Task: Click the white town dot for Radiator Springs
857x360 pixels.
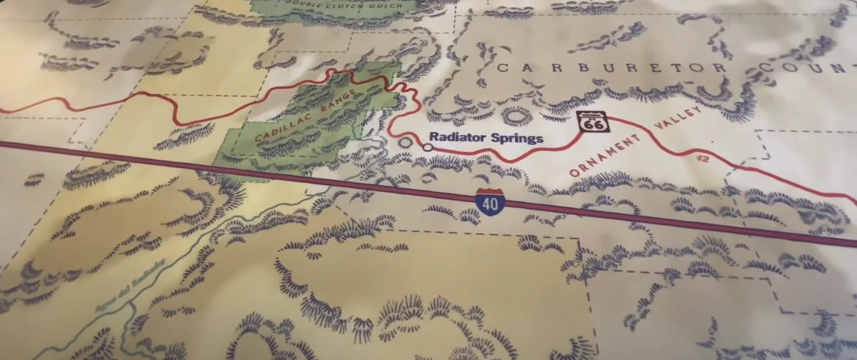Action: click(x=427, y=147)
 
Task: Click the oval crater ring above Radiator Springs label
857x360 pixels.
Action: click(x=516, y=114)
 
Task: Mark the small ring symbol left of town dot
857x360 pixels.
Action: click(x=406, y=143)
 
